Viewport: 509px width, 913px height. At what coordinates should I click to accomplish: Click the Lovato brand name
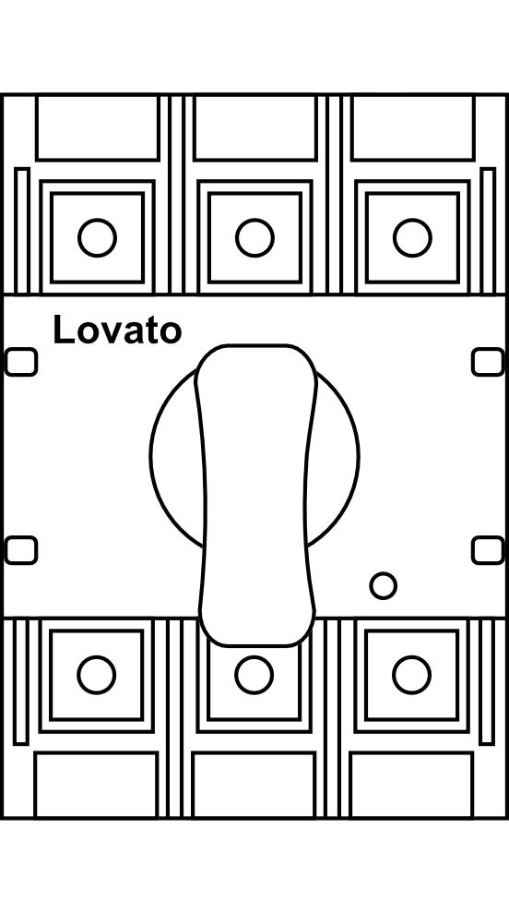(117, 330)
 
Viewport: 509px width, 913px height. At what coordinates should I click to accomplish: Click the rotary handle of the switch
(256, 495)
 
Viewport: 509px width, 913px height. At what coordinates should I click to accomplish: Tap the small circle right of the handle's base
(384, 585)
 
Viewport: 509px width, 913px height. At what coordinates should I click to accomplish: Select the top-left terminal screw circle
(97, 237)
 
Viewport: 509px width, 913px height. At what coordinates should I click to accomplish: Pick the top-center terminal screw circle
(254, 237)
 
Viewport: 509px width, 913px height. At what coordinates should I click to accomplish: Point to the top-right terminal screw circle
(412, 237)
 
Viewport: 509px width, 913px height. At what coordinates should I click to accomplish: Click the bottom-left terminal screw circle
(97, 675)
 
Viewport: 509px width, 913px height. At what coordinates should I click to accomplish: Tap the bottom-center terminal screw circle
(254, 675)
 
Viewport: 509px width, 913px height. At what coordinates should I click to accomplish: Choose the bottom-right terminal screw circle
(412, 675)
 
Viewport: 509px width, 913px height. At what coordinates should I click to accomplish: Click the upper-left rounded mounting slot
(21, 362)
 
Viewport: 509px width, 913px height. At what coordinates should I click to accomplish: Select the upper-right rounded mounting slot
(488, 362)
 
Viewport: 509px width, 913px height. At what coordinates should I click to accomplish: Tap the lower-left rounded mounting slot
(21, 550)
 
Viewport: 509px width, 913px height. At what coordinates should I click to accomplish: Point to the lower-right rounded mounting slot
(488, 550)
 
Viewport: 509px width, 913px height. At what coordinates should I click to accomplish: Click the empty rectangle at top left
(97, 127)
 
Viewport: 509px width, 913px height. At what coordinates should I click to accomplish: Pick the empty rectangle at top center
(255, 127)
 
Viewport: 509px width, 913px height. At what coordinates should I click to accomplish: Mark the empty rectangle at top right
(413, 127)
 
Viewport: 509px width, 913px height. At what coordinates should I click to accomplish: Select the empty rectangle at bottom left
(96, 786)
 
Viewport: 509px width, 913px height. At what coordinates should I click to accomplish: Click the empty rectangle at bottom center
(254, 786)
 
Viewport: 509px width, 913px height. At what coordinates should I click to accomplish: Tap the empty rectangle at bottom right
(412, 786)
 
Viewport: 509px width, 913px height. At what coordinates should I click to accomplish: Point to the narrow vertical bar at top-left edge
(22, 231)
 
